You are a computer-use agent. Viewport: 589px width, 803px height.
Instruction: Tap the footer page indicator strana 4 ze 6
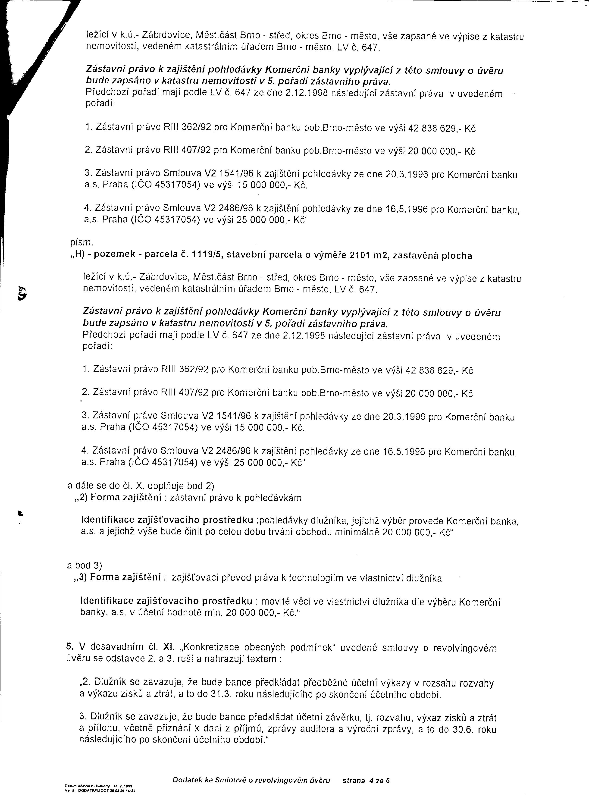click(366, 780)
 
